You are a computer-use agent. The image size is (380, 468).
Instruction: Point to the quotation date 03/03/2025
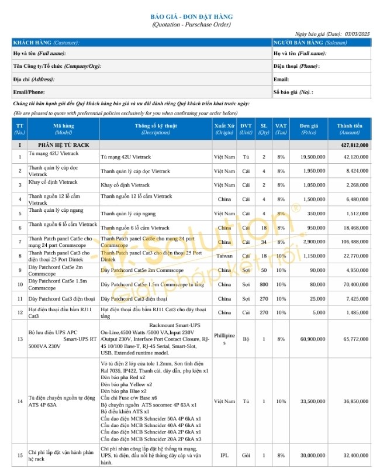pos(358,35)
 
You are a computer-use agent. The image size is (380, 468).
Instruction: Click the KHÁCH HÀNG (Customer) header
pos(46,43)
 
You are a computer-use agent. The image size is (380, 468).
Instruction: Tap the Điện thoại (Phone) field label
pos(296,66)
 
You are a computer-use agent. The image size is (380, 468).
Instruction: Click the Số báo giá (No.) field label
pos(293,92)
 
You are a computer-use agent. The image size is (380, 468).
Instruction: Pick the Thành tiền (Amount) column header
pos(350,129)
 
